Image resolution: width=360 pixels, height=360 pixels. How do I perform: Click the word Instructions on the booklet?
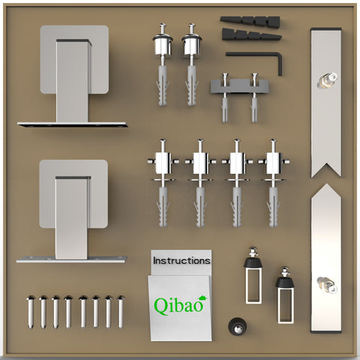point(181,261)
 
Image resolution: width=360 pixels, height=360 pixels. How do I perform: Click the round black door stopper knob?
point(237,325)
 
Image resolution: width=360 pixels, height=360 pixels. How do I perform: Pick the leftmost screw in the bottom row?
point(31,312)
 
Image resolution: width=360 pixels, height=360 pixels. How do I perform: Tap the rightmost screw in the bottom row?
point(121,312)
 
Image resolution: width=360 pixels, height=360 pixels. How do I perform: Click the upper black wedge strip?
point(250,21)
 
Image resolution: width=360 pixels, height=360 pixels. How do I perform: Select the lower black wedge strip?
point(251,34)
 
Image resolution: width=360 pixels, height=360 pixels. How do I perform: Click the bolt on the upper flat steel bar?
point(327,79)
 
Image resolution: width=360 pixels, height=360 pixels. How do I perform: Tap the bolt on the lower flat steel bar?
point(327,284)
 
